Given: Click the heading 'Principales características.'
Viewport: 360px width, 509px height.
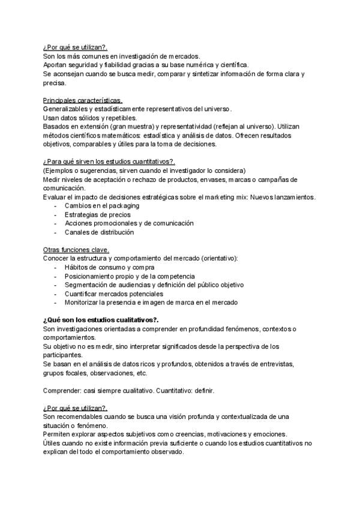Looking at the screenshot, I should coord(83,100).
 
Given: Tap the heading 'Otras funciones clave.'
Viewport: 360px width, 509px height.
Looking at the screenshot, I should coord(76,249).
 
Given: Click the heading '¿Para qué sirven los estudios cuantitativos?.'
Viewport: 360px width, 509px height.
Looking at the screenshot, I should coord(109,161).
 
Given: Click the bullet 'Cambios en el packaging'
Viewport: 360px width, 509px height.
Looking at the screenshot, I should coord(101,205).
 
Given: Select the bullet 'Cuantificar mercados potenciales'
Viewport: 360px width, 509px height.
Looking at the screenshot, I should coord(114,294).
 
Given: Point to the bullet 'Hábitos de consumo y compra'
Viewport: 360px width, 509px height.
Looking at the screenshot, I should coord(110,267).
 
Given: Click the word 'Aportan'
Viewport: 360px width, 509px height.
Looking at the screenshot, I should coord(55,65).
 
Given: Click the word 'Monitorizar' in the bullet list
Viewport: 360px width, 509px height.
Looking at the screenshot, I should coord(82,303).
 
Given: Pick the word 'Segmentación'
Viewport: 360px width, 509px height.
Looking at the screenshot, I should coord(86,285).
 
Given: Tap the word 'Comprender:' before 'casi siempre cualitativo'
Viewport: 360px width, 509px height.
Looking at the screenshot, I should coord(62,390).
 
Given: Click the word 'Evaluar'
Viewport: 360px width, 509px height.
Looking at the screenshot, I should coord(55,197).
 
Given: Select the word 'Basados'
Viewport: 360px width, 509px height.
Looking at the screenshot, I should coord(56,126).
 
